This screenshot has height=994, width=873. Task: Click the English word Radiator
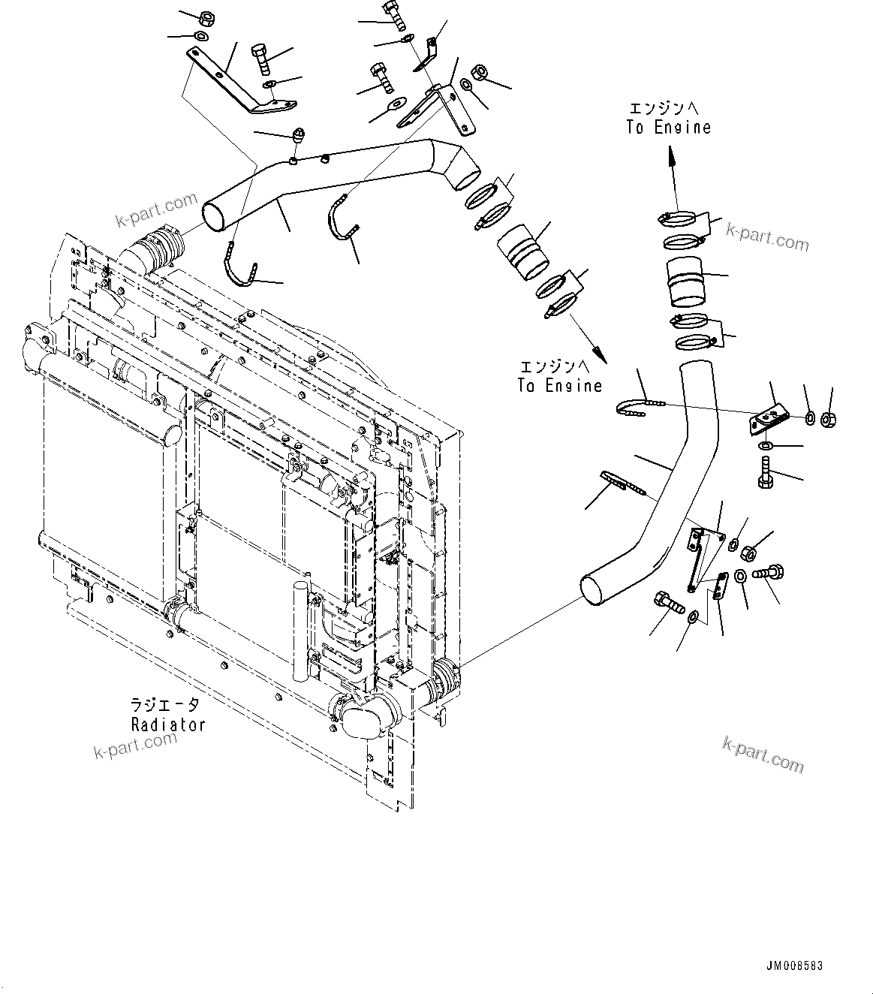click(x=168, y=724)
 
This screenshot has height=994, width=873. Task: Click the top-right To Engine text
click(x=668, y=128)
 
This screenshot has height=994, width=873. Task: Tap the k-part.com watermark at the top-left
click(x=155, y=211)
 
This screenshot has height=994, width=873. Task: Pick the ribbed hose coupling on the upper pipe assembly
click(x=522, y=253)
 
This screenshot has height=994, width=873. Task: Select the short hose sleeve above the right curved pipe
click(x=685, y=282)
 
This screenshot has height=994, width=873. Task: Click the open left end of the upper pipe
click(x=215, y=215)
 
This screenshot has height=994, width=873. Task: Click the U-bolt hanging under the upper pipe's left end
click(x=239, y=267)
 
